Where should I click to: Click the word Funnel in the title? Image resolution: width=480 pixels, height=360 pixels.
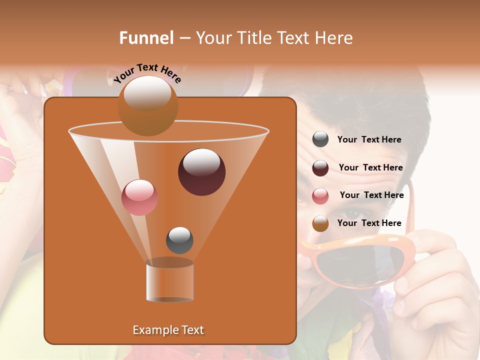tap(146, 38)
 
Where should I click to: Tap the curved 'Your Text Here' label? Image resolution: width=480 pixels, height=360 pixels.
tap(147, 72)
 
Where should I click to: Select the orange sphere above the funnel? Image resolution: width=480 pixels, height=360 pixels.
tap(148, 105)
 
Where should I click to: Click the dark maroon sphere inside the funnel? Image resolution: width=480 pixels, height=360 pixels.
tap(202, 172)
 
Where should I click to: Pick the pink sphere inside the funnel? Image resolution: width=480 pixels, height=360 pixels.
tap(139, 197)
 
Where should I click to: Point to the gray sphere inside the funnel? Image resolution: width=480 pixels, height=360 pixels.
tap(179, 240)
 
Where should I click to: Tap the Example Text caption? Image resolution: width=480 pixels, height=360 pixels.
tap(168, 330)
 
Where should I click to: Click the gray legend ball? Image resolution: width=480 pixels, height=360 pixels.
tap(320, 139)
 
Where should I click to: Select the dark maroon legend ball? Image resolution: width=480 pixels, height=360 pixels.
tap(320, 168)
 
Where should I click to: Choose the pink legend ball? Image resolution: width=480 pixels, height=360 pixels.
tap(320, 196)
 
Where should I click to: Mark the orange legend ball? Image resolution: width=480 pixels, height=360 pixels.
tap(320, 223)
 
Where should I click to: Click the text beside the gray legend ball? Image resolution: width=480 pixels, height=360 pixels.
tap(369, 139)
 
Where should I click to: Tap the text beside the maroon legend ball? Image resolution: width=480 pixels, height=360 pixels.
tap(370, 167)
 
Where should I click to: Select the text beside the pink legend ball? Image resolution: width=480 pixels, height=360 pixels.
tap(371, 195)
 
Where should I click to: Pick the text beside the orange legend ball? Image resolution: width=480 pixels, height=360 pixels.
tap(369, 223)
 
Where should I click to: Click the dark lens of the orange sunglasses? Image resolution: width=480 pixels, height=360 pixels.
tap(360, 265)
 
